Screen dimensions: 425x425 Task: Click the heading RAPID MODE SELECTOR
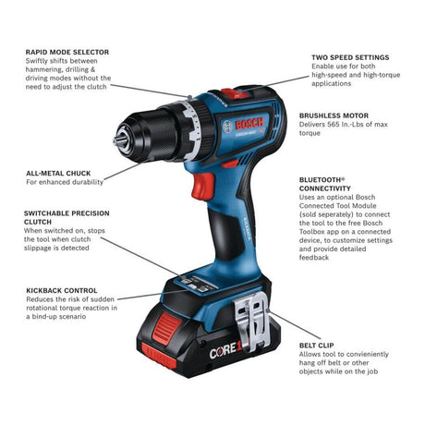(x=67, y=52)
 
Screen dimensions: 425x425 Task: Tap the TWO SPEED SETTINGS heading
(x=350, y=57)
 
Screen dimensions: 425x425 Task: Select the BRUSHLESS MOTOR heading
(x=334, y=115)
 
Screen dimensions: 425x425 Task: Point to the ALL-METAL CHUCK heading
(x=58, y=173)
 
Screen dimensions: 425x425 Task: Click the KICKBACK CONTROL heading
(x=62, y=290)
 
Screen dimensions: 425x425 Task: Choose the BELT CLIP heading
(x=317, y=346)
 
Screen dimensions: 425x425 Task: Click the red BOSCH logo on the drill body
(x=249, y=124)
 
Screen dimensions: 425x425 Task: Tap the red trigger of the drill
(x=203, y=186)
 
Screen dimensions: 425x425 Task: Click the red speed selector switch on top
(x=235, y=93)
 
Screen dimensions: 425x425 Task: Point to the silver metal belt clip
(x=252, y=321)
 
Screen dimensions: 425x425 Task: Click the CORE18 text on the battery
(x=227, y=350)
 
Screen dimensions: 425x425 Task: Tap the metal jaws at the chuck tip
(x=121, y=140)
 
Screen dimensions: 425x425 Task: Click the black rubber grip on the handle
(x=225, y=233)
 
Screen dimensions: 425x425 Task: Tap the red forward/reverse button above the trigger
(x=230, y=164)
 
